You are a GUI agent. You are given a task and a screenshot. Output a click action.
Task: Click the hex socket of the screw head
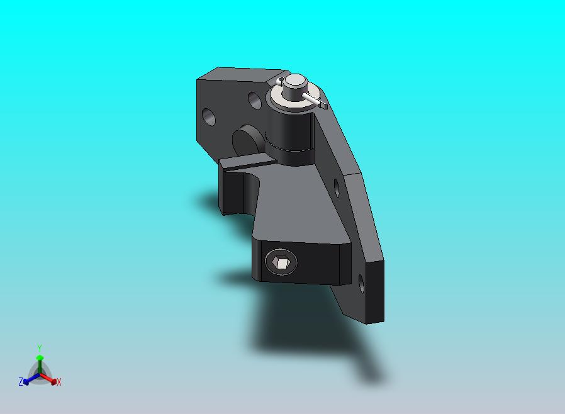(281, 262)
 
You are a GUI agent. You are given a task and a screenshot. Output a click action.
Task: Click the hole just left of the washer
(255, 101)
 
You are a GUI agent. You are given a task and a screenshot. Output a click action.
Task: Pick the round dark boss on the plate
(247, 140)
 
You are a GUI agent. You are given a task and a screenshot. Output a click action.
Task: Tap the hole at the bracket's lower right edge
(361, 283)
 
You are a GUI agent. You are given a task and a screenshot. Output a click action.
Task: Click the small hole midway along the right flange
(337, 187)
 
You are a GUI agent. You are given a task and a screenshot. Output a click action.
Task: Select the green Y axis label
(40, 348)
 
